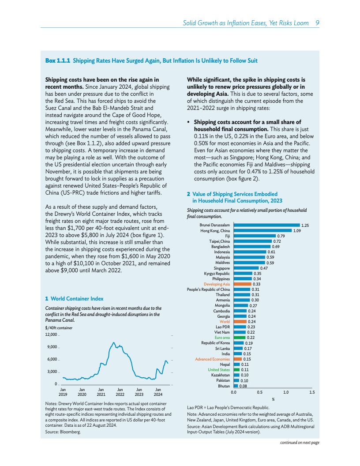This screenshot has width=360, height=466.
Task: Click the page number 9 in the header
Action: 317,23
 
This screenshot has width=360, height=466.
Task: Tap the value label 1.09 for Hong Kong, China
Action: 297,231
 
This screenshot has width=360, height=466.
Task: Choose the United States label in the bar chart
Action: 219,370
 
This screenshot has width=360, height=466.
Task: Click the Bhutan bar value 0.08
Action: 243,386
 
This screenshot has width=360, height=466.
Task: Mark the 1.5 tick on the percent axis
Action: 312,392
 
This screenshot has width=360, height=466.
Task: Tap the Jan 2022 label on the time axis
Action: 120,392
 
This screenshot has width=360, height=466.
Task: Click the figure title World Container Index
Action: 77,299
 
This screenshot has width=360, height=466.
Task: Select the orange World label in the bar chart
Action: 225,322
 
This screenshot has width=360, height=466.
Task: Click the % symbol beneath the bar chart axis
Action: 273,399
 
